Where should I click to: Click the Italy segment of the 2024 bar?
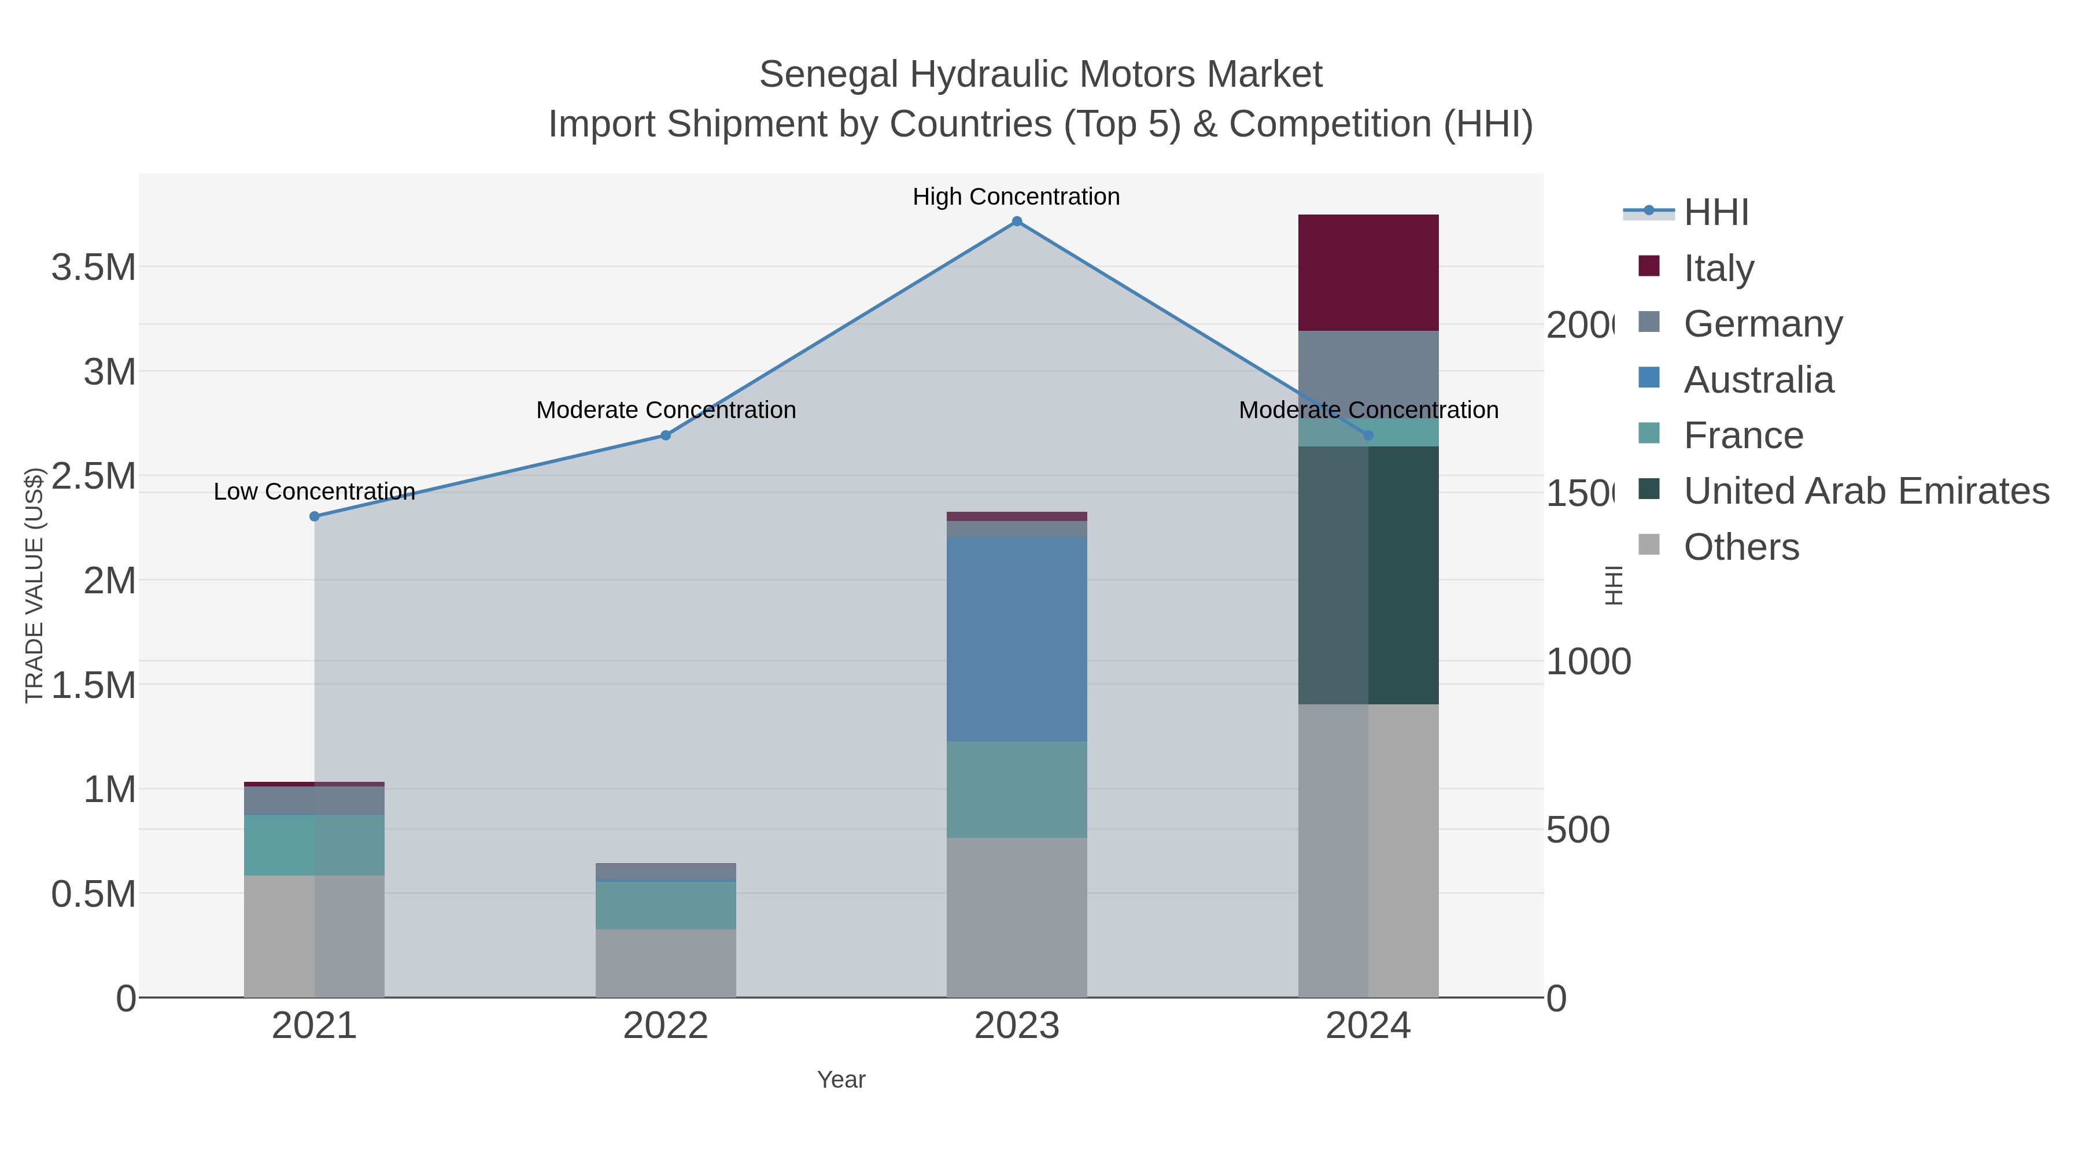pyautogui.click(x=1368, y=272)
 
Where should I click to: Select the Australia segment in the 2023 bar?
pyautogui.click(x=1016, y=638)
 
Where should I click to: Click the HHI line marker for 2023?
pyautogui.click(x=1017, y=221)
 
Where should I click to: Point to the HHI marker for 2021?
pyautogui.click(x=315, y=516)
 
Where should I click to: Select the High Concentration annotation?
pyautogui.click(x=1016, y=197)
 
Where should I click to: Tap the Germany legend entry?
pyautogui.click(x=1763, y=323)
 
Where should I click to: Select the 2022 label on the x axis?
pyautogui.click(x=665, y=1025)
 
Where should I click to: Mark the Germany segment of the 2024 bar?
pyautogui.click(x=1368, y=374)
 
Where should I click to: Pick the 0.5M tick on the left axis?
pyautogui.click(x=93, y=895)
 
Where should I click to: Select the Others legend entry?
pyautogui.click(x=1741, y=547)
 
